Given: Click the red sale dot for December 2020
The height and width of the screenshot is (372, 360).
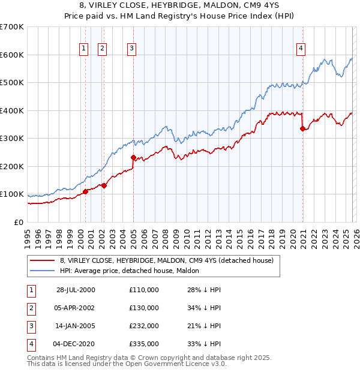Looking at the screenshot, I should (302, 128).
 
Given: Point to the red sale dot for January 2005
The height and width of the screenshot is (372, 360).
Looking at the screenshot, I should (133, 157).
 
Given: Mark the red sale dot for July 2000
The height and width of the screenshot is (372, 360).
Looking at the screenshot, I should (85, 191).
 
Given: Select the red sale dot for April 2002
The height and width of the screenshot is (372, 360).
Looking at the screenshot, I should (104, 185).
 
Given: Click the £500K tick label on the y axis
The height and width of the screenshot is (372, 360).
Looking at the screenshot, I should (12, 83).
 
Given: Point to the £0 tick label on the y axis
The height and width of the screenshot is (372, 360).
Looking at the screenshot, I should (19, 223).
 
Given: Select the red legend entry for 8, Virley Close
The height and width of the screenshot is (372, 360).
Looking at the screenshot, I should (166, 260).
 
